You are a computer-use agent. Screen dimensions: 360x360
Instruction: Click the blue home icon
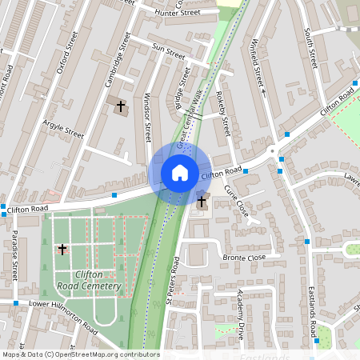[180, 172]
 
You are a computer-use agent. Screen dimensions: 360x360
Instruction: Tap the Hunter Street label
[178, 13]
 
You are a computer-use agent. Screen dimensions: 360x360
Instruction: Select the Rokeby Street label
[224, 114]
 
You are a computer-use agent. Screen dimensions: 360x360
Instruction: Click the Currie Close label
[236, 201]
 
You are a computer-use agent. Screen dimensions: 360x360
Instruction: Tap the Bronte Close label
[245, 258]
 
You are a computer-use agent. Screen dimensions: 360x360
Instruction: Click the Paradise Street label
[15, 257]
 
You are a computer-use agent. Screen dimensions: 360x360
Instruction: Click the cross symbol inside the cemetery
[62, 250]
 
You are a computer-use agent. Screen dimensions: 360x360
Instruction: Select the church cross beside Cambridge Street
[122, 106]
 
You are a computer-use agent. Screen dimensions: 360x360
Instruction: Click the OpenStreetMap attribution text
[80, 354]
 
